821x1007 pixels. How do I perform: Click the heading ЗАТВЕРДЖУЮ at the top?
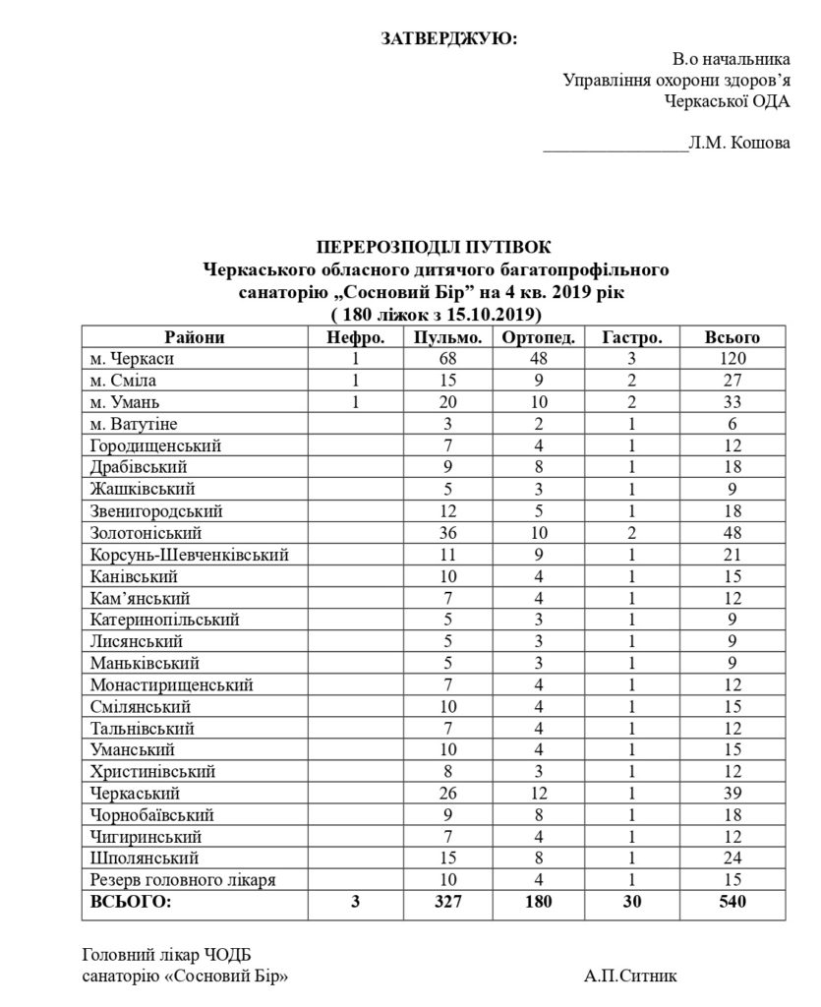click(x=448, y=38)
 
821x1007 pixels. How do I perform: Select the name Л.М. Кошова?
click(x=738, y=144)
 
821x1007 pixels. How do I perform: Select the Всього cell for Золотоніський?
click(x=733, y=532)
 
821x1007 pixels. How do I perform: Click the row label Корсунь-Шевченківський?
click(x=188, y=554)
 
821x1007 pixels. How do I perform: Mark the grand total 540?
click(x=733, y=901)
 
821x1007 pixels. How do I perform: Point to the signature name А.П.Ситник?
click(x=629, y=977)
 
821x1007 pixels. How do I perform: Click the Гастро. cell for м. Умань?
click(x=630, y=402)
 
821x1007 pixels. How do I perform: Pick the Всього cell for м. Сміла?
click(x=733, y=381)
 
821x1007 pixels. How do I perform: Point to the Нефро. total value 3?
click(x=355, y=901)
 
